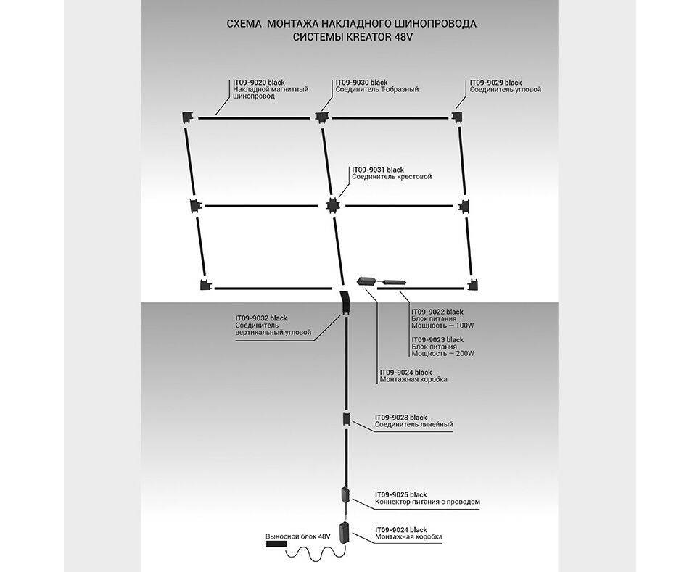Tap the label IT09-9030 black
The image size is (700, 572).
tap(361, 83)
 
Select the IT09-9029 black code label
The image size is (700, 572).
tap(495, 83)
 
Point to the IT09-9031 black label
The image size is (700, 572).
tap(377, 170)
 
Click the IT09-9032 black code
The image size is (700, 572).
tap(261, 318)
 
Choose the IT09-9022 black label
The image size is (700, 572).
tap(437, 311)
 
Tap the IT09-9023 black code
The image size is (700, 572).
tap(437, 339)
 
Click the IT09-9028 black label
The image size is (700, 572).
tap(401, 418)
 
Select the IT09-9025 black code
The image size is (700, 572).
tap(401, 494)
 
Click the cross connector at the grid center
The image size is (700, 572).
tap(332, 205)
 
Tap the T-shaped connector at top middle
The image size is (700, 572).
tap(321, 117)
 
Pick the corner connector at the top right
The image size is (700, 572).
tap(458, 116)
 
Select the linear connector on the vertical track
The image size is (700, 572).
tap(347, 419)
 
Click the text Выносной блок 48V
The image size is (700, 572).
tap(297, 536)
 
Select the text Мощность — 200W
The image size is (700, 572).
tap(442, 353)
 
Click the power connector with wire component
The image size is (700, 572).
tap(346, 497)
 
